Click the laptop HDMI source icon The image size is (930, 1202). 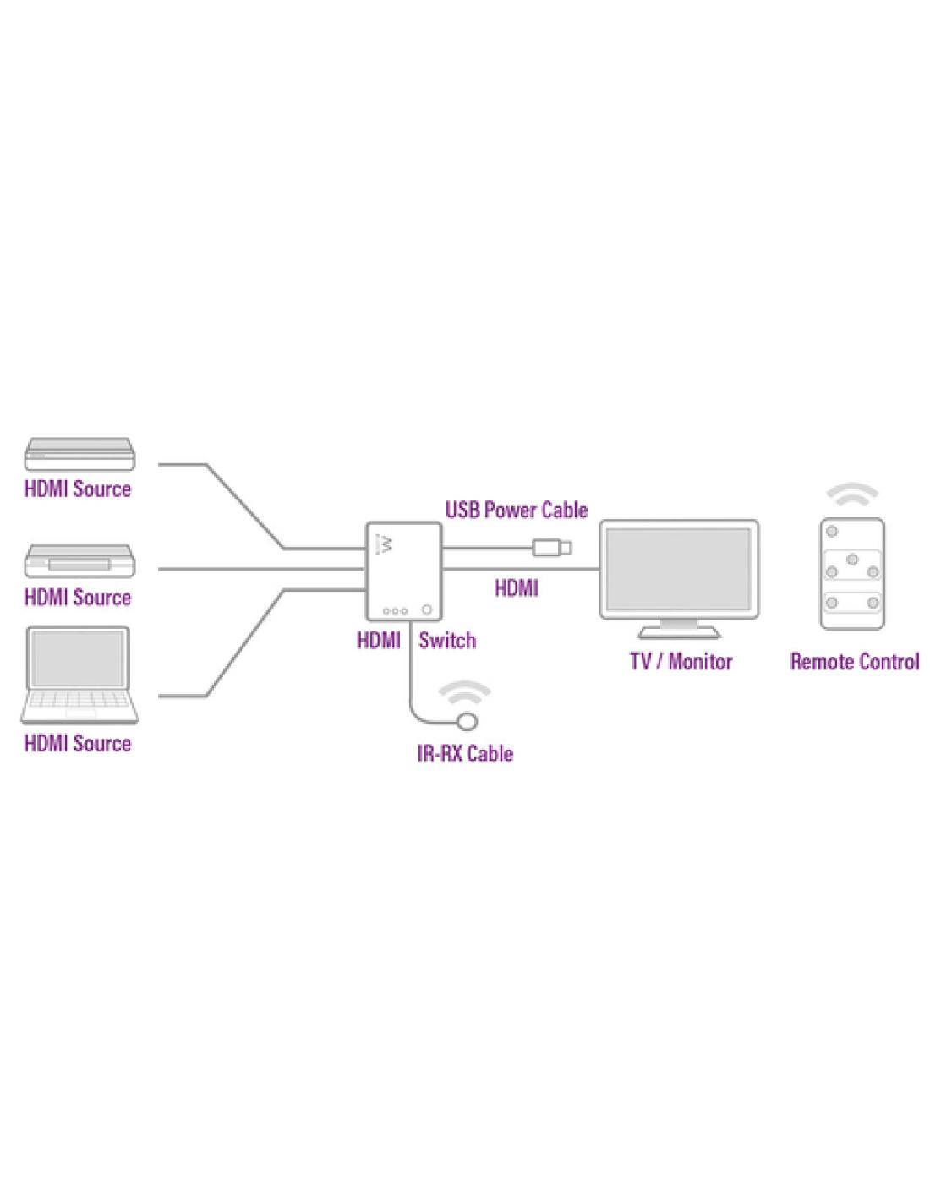click(x=79, y=674)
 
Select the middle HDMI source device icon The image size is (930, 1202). click(x=79, y=562)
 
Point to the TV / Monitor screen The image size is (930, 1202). click(x=678, y=570)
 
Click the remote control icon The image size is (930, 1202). click(x=852, y=573)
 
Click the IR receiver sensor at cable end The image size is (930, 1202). click(x=466, y=722)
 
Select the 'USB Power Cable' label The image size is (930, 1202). click(x=516, y=510)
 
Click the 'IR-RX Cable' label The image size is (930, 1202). click(x=465, y=752)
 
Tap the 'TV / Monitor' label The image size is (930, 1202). click(x=681, y=661)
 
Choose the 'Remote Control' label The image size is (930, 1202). click(x=854, y=661)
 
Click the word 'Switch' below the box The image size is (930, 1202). click(x=446, y=640)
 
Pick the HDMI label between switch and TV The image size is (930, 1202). click(x=516, y=587)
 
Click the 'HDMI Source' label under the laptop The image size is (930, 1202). click(x=78, y=743)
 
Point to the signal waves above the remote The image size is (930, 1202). click(x=852, y=494)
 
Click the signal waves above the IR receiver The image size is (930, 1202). click(x=465, y=695)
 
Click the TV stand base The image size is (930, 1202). click(x=679, y=631)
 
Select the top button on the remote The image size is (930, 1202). click(x=832, y=531)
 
